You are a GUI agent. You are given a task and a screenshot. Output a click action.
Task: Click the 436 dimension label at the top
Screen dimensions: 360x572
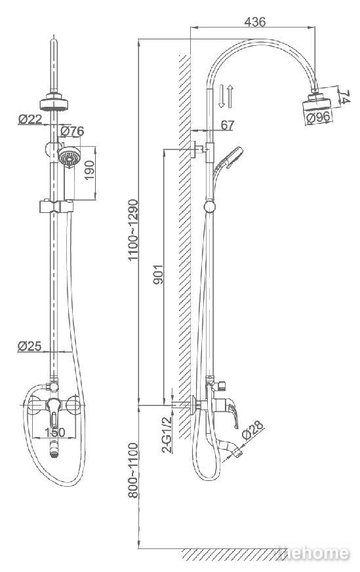(x=254, y=22)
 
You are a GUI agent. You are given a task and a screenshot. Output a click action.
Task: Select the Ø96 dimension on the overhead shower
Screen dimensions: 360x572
(x=319, y=117)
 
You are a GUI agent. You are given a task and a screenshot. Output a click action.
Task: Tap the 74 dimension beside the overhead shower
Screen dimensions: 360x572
(x=344, y=97)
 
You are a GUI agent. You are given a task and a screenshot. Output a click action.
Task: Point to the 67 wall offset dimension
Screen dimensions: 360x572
(x=227, y=125)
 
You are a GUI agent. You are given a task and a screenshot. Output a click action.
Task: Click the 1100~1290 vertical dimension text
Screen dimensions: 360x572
(x=133, y=229)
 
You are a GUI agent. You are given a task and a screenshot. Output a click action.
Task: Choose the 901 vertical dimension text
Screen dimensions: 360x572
(x=158, y=274)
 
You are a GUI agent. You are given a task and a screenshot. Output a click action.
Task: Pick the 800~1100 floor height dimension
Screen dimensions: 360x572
(x=133, y=470)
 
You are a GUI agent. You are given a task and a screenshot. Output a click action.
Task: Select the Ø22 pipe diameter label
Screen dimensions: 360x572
(x=30, y=119)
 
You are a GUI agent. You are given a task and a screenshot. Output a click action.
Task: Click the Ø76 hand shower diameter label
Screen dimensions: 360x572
(x=72, y=130)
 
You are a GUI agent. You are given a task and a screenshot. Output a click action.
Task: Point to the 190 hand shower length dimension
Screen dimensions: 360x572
(x=89, y=170)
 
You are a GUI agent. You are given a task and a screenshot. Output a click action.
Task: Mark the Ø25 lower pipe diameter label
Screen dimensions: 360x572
(x=30, y=346)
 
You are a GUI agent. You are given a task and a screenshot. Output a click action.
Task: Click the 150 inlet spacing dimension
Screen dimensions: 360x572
(x=55, y=432)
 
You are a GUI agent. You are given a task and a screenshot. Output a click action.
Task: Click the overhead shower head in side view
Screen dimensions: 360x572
(x=317, y=102)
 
